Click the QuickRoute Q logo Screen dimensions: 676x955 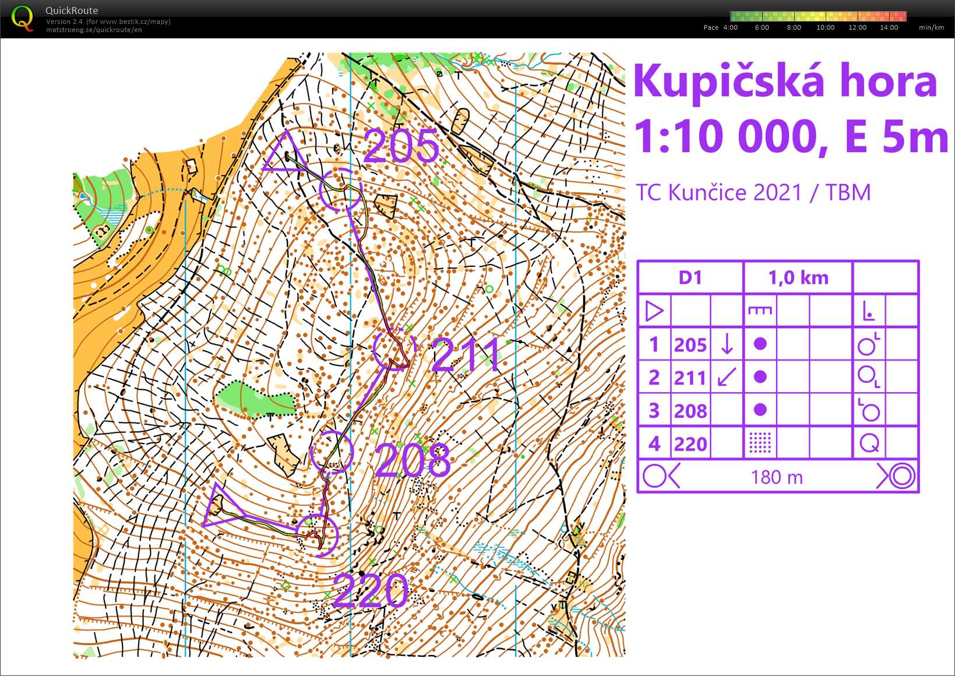tap(22, 18)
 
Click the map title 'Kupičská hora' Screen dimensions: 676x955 tap(785, 82)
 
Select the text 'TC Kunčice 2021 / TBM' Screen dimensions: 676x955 tap(753, 192)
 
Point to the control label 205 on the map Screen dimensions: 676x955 tap(401, 146)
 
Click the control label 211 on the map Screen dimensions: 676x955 tap(466, 354)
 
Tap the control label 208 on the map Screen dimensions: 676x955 tap(413, 460)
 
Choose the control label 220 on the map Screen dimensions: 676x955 tap(371, 590)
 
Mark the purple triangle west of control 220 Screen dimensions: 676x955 tap(218, 506)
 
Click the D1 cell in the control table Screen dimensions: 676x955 tap(690, 277)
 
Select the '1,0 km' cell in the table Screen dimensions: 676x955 tap(798, 277)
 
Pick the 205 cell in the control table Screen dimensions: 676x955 tap(690, 345)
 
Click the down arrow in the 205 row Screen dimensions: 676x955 tap(727, 344)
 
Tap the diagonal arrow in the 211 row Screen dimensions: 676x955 tap(727, 377)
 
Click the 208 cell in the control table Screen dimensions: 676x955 tap(690, 411)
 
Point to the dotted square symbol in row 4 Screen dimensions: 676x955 tap(760, 443)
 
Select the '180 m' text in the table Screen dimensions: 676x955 tap(777, 477)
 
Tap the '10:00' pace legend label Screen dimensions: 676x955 tap(825, 27)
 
